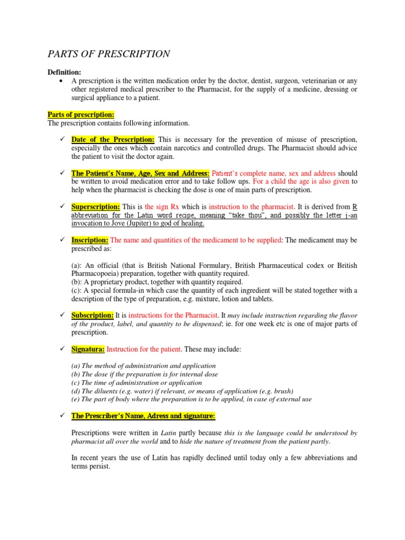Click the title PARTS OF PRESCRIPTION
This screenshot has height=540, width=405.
click(109, 54)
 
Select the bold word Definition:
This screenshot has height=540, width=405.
click(64, 72)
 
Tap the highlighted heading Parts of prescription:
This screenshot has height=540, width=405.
click(81, 114)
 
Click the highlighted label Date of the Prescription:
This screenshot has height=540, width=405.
click(113, 139)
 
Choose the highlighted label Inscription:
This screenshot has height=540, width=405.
click(90, 240)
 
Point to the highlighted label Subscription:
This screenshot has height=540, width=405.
click(92, 315)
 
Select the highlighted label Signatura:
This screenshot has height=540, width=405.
click(88, 349)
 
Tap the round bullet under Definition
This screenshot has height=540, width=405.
click(62, 81)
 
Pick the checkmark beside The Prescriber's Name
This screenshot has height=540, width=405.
click(62, 416)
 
